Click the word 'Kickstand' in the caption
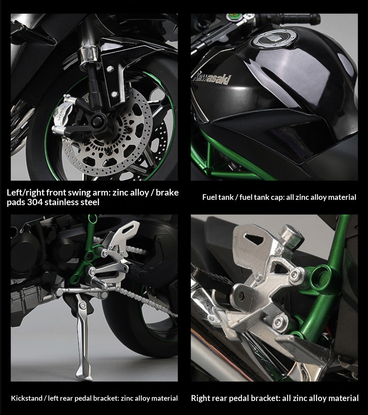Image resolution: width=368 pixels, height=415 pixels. tap(27, 398)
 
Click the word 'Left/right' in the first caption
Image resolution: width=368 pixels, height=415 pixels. tap(25, 192)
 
